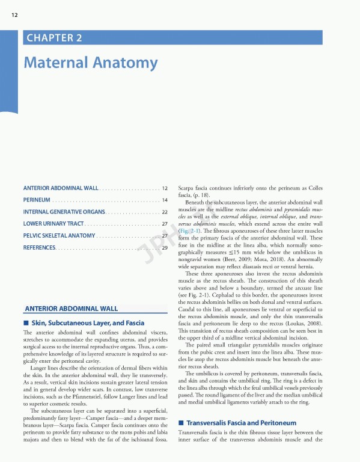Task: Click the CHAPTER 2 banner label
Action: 53,38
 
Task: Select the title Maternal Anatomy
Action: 90,63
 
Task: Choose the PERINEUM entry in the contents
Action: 36,200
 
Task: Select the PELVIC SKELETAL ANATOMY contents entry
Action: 59,235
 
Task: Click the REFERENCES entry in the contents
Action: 39,247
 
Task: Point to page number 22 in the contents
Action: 164,212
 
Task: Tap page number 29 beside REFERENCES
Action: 164,247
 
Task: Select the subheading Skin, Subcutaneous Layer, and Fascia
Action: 88,323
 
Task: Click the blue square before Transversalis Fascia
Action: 182,423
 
